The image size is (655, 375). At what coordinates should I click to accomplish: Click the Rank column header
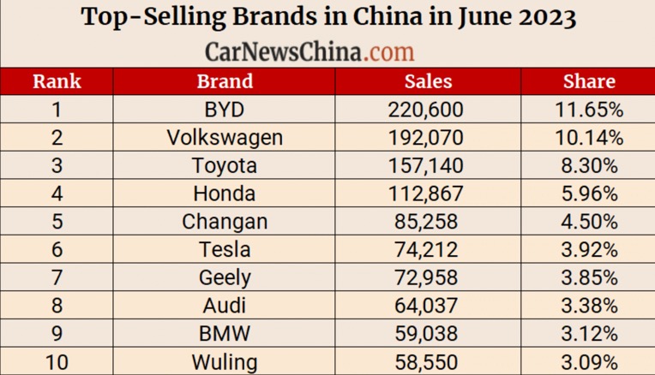(x=57, y=81)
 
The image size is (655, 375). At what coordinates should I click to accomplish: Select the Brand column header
(x=225, y=81)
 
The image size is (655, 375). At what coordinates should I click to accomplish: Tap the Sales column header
(x=428, y=81)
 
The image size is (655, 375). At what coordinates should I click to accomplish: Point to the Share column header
(x=589, y=81)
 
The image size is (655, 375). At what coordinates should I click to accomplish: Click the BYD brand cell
(x=225, y=109)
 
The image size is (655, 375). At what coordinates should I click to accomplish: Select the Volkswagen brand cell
(x=225, y=137)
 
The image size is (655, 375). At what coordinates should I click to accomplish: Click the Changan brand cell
(x=225, y=221)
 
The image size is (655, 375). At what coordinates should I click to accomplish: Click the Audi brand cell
(x=225, y=306)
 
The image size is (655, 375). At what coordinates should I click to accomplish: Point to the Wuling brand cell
(x=225, y=361)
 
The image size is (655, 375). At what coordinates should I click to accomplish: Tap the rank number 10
(x=57, y=361)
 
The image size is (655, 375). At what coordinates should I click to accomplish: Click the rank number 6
(x=57, y=249)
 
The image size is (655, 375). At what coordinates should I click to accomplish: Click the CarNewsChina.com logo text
(x=309, y=51)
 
